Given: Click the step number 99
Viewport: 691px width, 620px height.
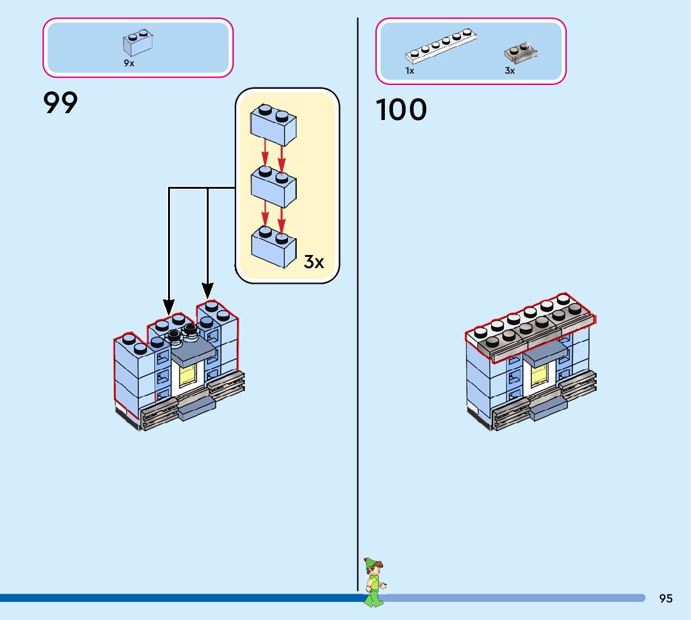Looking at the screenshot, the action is point(61,102).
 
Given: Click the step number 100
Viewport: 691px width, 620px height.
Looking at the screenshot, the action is point(401,109).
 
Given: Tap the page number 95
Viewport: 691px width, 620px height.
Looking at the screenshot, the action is point(666,598).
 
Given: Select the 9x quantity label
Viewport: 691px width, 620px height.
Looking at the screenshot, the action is point(129,63).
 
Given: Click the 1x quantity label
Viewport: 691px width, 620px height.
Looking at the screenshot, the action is point(410,71).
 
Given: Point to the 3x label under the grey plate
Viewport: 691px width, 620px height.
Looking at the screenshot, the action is point(510,71).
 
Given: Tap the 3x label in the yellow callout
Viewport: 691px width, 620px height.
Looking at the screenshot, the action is point(314,262).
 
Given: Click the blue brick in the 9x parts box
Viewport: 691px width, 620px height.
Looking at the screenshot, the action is point(138,42).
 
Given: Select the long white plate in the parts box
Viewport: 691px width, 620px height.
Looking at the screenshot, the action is point(440,46).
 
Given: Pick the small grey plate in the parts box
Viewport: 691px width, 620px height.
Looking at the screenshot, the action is point(521,53).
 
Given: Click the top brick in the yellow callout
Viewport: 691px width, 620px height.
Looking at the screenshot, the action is point(273,125).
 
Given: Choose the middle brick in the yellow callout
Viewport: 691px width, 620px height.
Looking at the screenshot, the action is point(273,186).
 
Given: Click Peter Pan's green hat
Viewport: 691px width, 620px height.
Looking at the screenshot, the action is point(372,562).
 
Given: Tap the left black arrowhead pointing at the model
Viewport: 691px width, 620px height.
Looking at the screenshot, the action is point(169,307).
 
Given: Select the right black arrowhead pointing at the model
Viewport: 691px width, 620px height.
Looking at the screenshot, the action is point(207,291).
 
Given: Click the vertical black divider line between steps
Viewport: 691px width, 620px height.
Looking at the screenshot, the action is point(357,304).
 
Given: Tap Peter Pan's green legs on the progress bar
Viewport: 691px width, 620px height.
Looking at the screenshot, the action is point(374,599).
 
